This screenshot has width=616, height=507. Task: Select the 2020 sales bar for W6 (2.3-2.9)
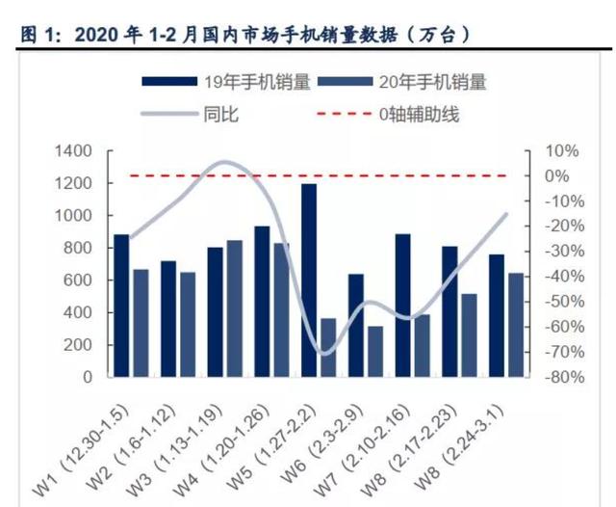tap(375, 351)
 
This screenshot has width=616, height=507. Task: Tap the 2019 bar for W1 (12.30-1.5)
tap(121, 305)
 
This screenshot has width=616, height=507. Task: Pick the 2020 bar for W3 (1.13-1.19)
tap(235, 308)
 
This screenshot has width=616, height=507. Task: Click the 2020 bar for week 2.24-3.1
tap(516, 325)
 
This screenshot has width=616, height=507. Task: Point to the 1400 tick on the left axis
tap(76, 151)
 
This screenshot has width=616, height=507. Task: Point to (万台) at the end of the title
tap(440, 35)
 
